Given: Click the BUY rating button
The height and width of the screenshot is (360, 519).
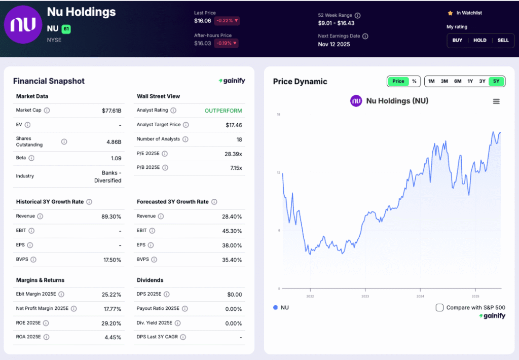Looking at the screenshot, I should point(457,41).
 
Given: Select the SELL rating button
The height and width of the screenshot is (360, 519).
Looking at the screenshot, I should point(503,41).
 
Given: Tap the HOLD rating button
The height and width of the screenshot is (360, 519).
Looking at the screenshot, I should point(480,41).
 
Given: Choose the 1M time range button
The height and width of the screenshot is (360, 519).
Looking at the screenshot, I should point(431,81).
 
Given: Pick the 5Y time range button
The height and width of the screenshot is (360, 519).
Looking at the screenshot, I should point(496,81).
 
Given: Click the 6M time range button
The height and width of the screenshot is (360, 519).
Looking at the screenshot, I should point(458,81).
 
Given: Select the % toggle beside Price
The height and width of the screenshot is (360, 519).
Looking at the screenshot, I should point(414,81).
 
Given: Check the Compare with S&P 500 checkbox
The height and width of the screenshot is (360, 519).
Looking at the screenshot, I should point(439,307).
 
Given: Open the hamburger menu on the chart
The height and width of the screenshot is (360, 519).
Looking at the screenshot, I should point(496,101).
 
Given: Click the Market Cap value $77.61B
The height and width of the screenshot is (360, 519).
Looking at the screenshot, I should point(112,111).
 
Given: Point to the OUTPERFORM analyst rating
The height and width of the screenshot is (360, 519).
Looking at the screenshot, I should point(223,111).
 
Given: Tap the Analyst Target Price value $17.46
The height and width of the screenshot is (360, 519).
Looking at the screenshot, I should point(234,125).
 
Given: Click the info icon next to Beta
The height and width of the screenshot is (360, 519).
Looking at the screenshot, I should point(31,158).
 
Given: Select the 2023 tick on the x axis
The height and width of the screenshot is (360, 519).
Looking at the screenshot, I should point(365,296).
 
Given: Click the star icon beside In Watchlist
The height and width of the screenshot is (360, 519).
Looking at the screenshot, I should point(450,13).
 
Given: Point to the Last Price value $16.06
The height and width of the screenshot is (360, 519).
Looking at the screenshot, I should point(202,21).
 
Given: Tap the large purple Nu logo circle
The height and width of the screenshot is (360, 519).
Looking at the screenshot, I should point(23,25).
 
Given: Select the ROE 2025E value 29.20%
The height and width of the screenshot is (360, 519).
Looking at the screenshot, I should point(112,323).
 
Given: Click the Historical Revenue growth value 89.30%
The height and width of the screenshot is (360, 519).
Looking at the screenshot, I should point(112,217).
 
